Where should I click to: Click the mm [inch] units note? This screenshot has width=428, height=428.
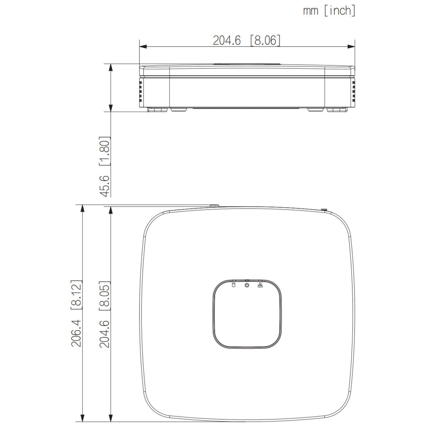329,11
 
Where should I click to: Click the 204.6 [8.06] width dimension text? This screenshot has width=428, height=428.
246,40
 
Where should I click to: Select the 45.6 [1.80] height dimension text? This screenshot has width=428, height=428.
105,167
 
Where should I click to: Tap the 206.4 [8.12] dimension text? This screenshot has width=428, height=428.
77,314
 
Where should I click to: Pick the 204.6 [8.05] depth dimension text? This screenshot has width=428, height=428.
105,314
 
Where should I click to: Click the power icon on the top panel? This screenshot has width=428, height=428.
247,285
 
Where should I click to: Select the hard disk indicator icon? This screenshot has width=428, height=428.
233,285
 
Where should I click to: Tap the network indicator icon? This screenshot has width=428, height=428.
260,285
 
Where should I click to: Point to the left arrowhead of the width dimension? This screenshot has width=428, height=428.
143,46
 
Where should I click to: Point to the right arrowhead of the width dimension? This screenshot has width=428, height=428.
351,46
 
